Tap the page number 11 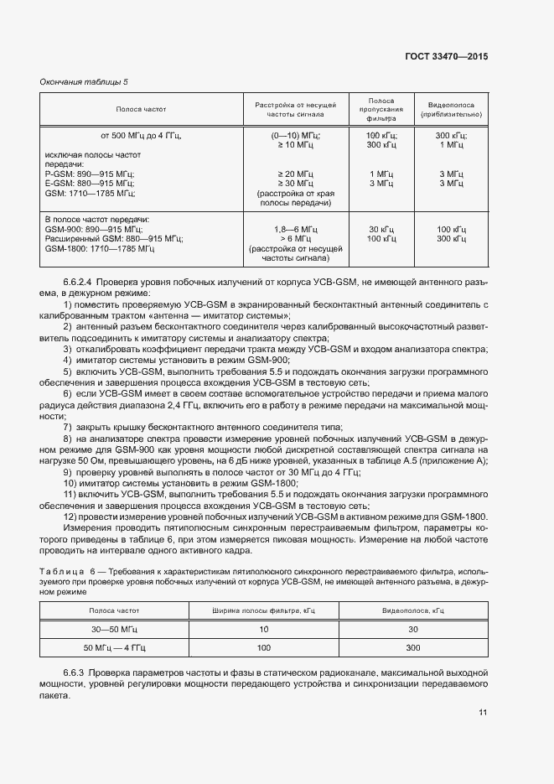[483, 713]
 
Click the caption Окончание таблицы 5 [85, 81]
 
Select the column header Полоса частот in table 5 [141, 109]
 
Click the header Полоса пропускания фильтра [381, 109]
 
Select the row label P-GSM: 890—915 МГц [88, 174]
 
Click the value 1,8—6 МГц [295, 229]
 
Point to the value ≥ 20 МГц [295, 174]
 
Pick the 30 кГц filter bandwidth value [381, 229]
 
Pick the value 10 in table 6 [264, 629]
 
